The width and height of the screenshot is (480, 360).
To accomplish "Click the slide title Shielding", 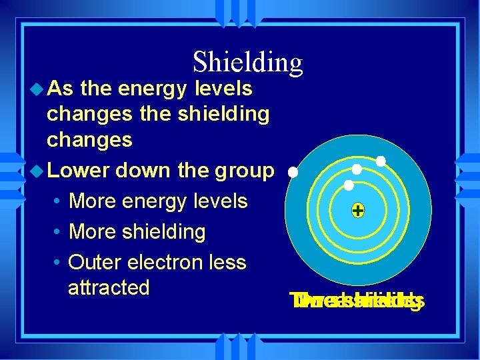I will point(247,63).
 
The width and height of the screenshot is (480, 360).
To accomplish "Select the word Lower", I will point(78,170).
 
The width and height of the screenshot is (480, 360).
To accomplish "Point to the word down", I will point(143,170).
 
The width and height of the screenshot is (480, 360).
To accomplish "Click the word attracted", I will point(109,287).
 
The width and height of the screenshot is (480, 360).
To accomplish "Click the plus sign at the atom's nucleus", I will point(358,211).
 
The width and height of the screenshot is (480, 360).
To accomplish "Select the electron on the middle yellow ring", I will point(357,169).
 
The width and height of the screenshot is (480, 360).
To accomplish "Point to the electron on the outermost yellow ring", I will point(381,161).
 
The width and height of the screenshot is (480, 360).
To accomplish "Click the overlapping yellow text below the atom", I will point(359,301).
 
